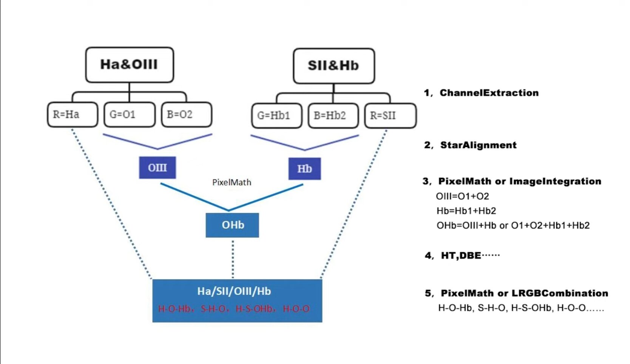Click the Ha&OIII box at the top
click(x=129, y=65)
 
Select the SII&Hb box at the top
click(x=334, y=66)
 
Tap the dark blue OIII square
click(x=157, y=168)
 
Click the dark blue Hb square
click(x=304, y=169)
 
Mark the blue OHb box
click(x=232, y=225)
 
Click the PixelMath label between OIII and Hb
click(x=232, y=182)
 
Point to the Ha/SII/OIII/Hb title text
click(x=234, y=291)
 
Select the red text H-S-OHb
click(x=254, y=309)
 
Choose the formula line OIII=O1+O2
click(x=462, y=196)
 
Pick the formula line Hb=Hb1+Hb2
click(x=466, y=211)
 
